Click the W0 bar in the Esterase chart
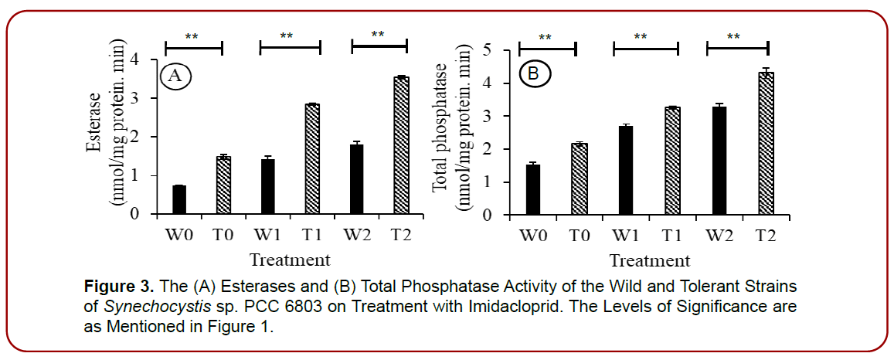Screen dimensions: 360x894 coord(179,200)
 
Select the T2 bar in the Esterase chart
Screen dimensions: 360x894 coord(400,145)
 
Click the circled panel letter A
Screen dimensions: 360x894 coord(175,76)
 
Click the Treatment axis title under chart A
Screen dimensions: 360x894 coord(290,259)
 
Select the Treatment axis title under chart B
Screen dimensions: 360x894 coord(649,260)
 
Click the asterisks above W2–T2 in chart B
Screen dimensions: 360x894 coord(733,36)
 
